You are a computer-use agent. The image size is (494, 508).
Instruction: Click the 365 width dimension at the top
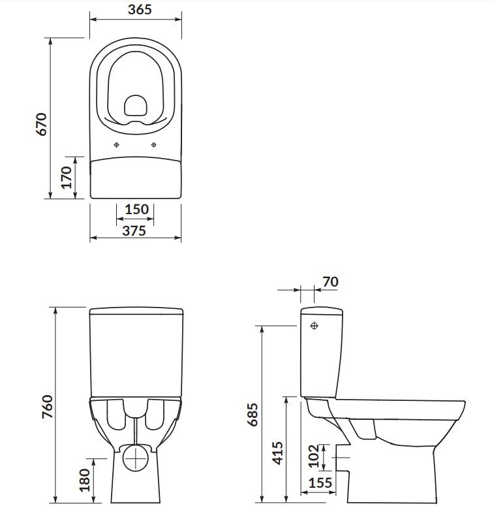click(x=140, y=9)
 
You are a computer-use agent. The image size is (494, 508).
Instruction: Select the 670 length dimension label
click(x=42, y=124)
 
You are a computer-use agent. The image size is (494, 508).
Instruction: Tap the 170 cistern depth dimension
click(x=67, y=177)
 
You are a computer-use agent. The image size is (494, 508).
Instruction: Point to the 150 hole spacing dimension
click(x=136, y=210)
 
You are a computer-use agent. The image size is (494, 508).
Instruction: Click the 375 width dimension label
click(x=134, y=230)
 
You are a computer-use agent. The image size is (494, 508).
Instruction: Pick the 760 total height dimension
click(x=48, y=407)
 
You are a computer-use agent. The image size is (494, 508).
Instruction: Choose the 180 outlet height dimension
click(x=85, y=480)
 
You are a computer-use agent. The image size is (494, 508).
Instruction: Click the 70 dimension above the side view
click(x=330, y=282)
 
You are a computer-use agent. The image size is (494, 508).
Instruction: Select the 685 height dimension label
click(x=253, y=415)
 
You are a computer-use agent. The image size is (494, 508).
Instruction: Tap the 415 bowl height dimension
click(x=277, y=453)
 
